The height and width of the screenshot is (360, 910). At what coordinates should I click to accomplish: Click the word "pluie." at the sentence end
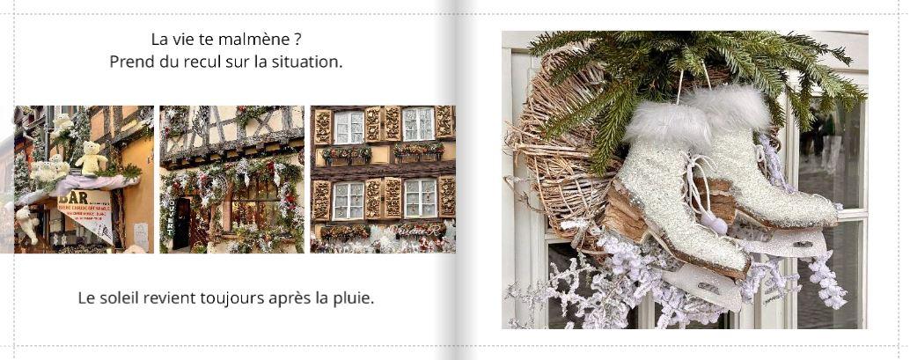click(x=353, y=298)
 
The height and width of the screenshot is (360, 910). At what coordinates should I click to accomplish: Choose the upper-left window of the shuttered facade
click(x=349, y=127)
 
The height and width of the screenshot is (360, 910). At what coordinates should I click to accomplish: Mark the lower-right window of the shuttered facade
click(x=420, y=198)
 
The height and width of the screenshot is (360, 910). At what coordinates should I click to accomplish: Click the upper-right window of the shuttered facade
click(x=418, y=123)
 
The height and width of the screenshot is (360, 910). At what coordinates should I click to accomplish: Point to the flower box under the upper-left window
click(x=347, y=155)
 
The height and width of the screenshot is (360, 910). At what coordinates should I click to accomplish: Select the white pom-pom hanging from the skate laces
click(x=717, y=224)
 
